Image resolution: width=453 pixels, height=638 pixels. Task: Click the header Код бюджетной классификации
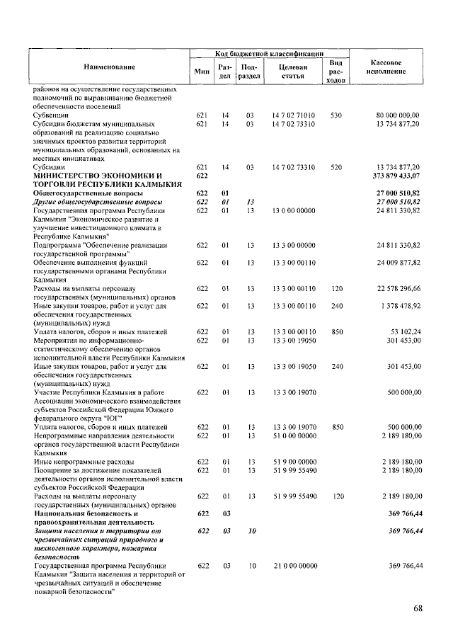click(269, 53)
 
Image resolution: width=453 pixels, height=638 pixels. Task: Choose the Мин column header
click(202, 71)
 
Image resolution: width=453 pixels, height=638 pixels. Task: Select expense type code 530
click(336, 115)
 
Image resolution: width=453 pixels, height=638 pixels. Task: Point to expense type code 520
click(336, 166)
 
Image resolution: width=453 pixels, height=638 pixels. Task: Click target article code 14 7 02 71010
click(293, 115)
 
